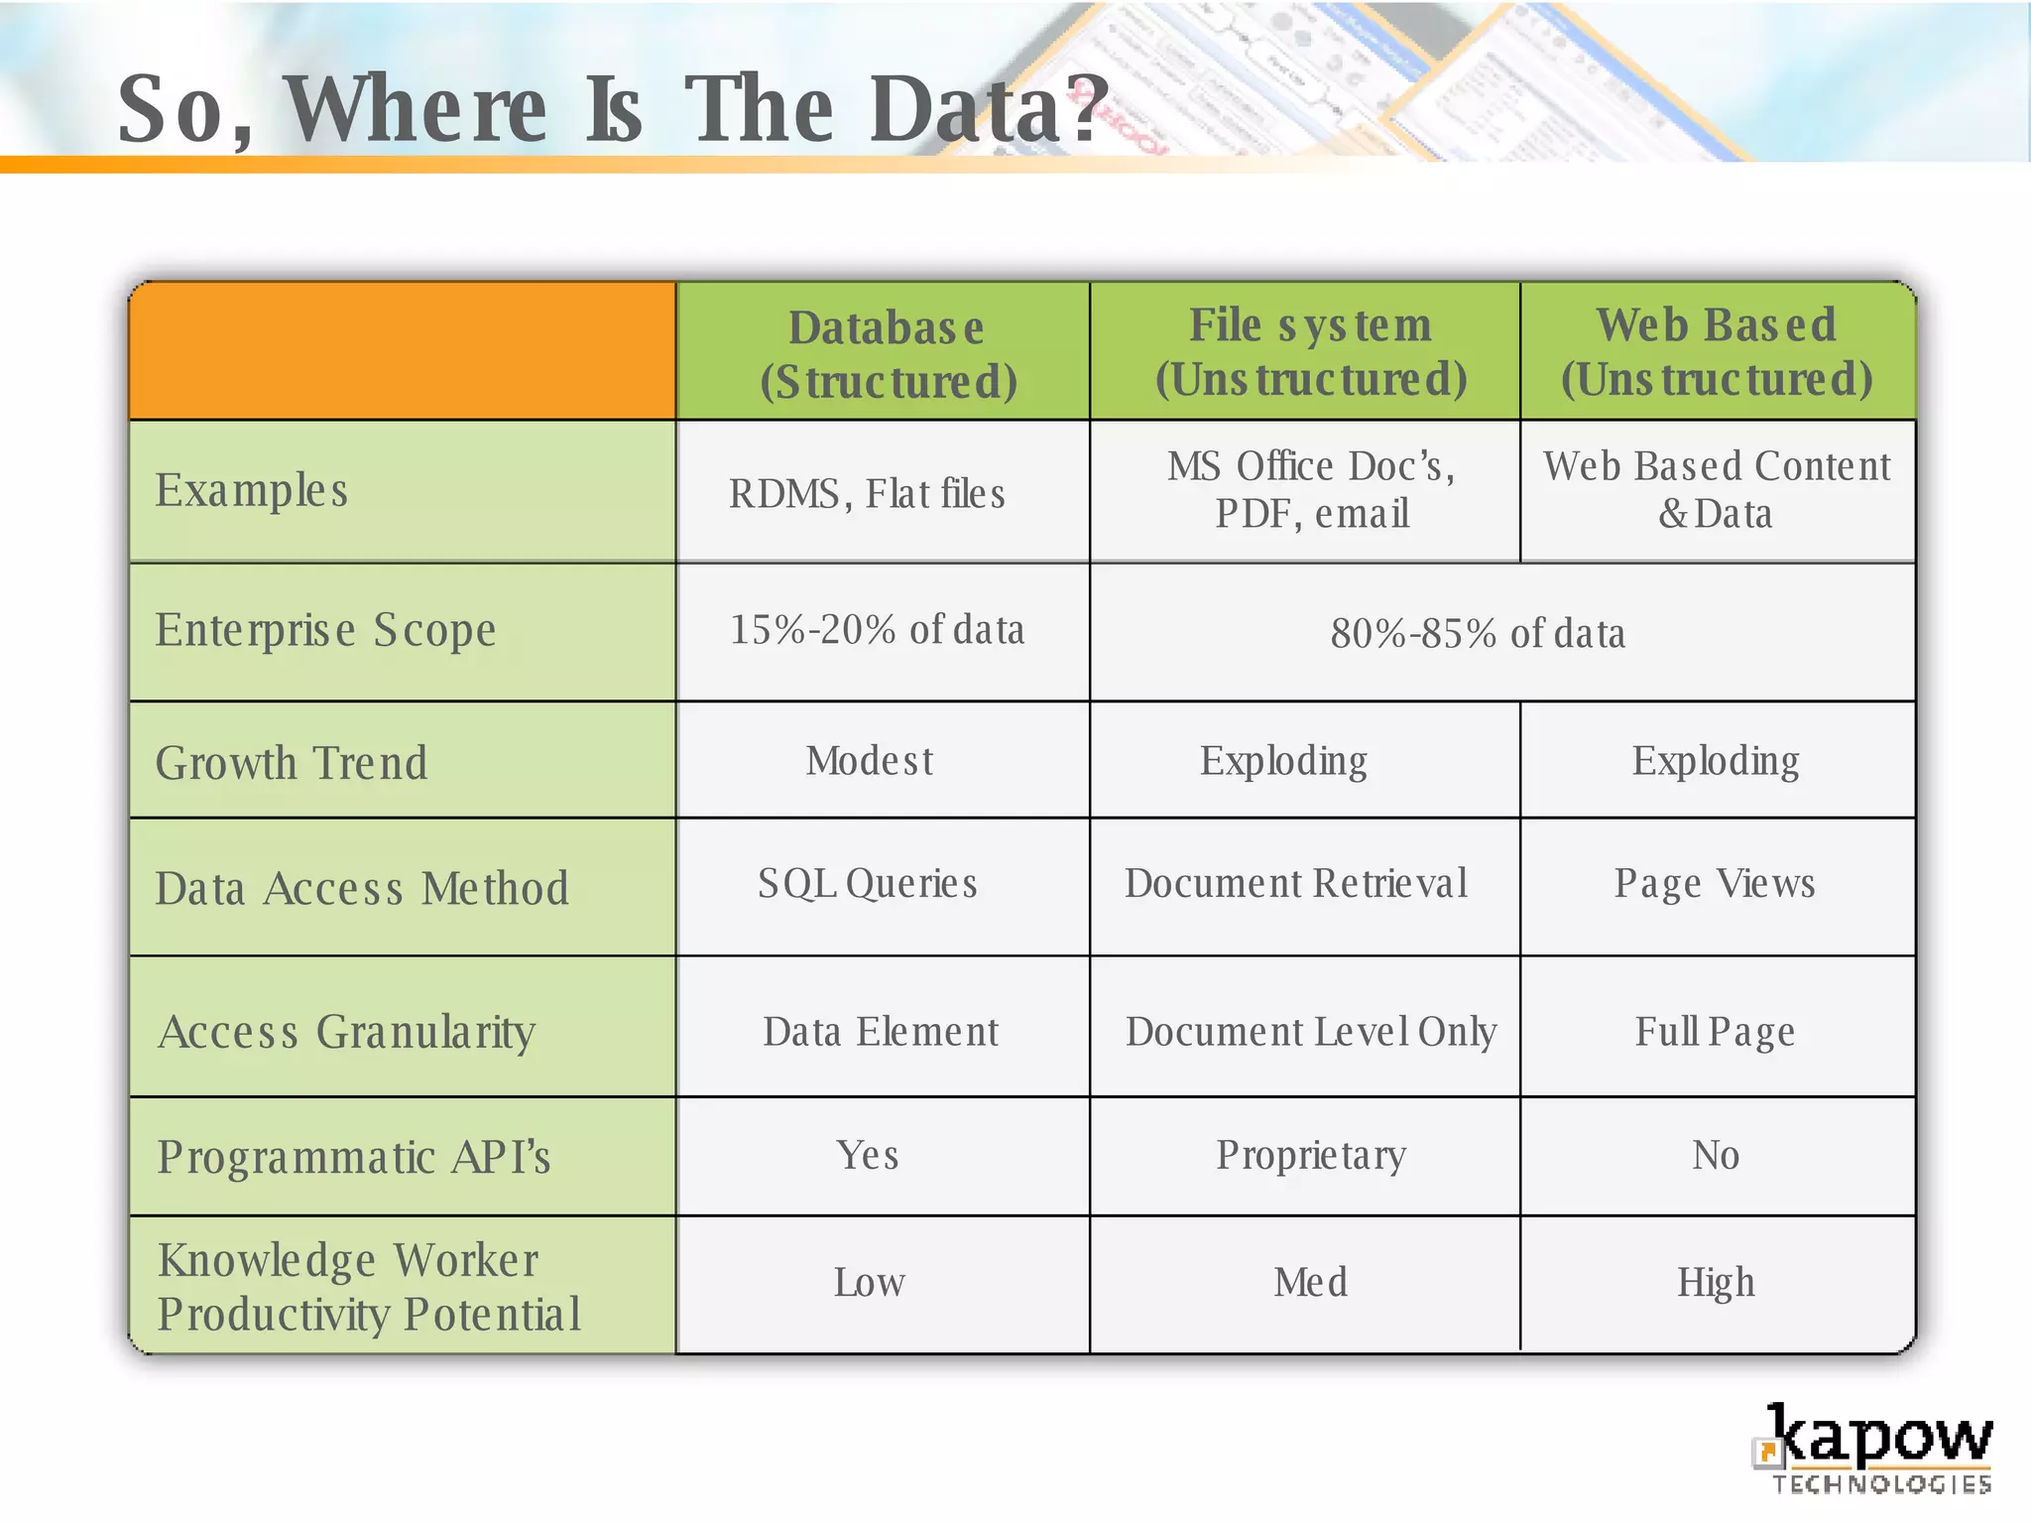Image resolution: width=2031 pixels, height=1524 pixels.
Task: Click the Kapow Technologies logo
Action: pyautogui.click(x=1874, y=1449)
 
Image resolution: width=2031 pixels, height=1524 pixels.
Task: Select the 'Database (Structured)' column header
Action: pyautogui.click(x=887, y=353)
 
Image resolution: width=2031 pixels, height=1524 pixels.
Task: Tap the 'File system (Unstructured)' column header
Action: pyautogui.click(x=1309, y=351)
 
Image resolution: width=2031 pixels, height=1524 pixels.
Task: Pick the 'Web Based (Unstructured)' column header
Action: pyautogui.click(x=1717, y=351)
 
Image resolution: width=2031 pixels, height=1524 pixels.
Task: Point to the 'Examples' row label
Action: pyautogui.click(x=252, y=490)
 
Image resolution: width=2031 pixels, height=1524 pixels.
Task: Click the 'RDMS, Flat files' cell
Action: pyautogui.click(x=867, y=493)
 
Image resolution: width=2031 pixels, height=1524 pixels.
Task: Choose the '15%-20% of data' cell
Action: pyautogui.click(x=877, y=630)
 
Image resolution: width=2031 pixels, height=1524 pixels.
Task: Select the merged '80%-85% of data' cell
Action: pyautogui.click(x=1478, y=633)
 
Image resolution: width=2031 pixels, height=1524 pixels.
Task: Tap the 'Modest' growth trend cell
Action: pyautogui.click(x=869, y=761)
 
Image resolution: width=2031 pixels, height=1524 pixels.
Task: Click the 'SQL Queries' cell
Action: pyautogui.click(x=867, y=883)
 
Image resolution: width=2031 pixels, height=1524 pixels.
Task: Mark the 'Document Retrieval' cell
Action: pyautogui.click(x=1295, y=883)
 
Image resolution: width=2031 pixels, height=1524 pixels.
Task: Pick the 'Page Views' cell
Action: pyautogui.click(x=1715, y=883)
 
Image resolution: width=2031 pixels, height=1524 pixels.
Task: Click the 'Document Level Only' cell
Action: pyautogui.click(x=1310, y=1032)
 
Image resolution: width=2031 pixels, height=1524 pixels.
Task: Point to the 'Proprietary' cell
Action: pyautogui.click(x=1310, y=1155)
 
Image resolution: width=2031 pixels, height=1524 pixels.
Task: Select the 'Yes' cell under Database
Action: pyautogui.click(x=867, y=1155)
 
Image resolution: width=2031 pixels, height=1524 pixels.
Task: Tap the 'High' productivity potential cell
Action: pyautogui.click(x=1716, y=1282)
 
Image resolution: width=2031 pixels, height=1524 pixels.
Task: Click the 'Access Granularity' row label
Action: pyautogui.click(x=346, y=1032)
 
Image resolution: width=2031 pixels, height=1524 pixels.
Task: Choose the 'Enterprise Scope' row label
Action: pyautogui.click(x=325, y=630)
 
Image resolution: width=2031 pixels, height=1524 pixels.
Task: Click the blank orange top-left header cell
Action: pyautogui.click(x=403, y=351)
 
